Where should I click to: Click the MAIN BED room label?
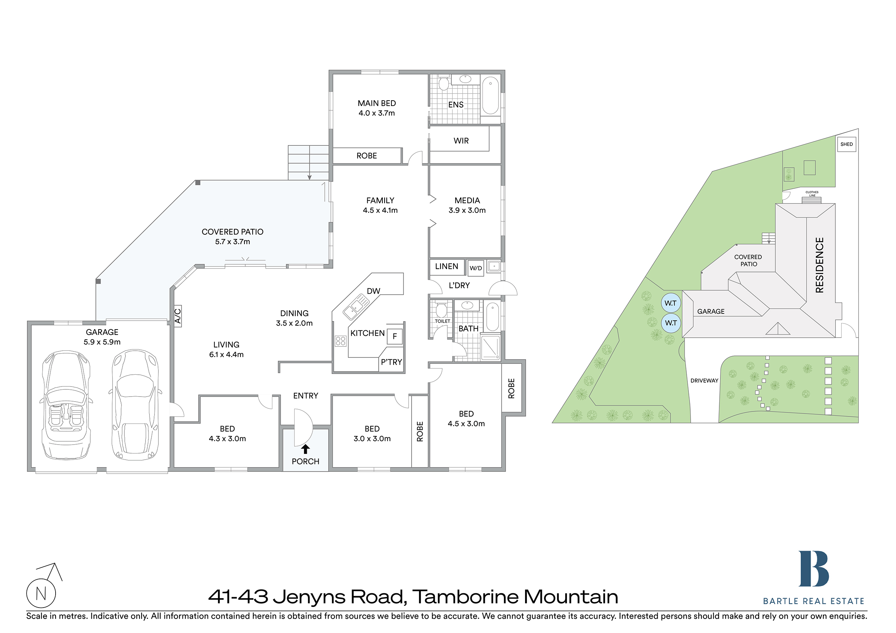coord(377,104)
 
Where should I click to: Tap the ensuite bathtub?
coord(491,96)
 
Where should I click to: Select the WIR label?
coord(461,141)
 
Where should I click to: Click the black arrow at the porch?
coord(305,449)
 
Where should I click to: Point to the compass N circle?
coord(41,593)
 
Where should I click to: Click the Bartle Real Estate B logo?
coord(813,569)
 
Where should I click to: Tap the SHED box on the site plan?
coord(847,144)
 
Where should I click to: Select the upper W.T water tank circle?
coord(671,303)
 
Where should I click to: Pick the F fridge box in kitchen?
coord(395,336)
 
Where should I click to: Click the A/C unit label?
coord(177,316)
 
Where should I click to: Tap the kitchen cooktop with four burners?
coord(340,341)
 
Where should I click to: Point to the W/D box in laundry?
coord(475,268)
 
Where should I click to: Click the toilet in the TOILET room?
coord(441,310)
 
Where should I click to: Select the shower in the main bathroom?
coord(491,347)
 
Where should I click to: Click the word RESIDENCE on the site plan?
coord(820,265)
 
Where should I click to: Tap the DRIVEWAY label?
coord(704,381)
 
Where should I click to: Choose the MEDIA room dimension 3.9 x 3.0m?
coord(467,210)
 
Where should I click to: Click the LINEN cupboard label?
coord(447,267)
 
